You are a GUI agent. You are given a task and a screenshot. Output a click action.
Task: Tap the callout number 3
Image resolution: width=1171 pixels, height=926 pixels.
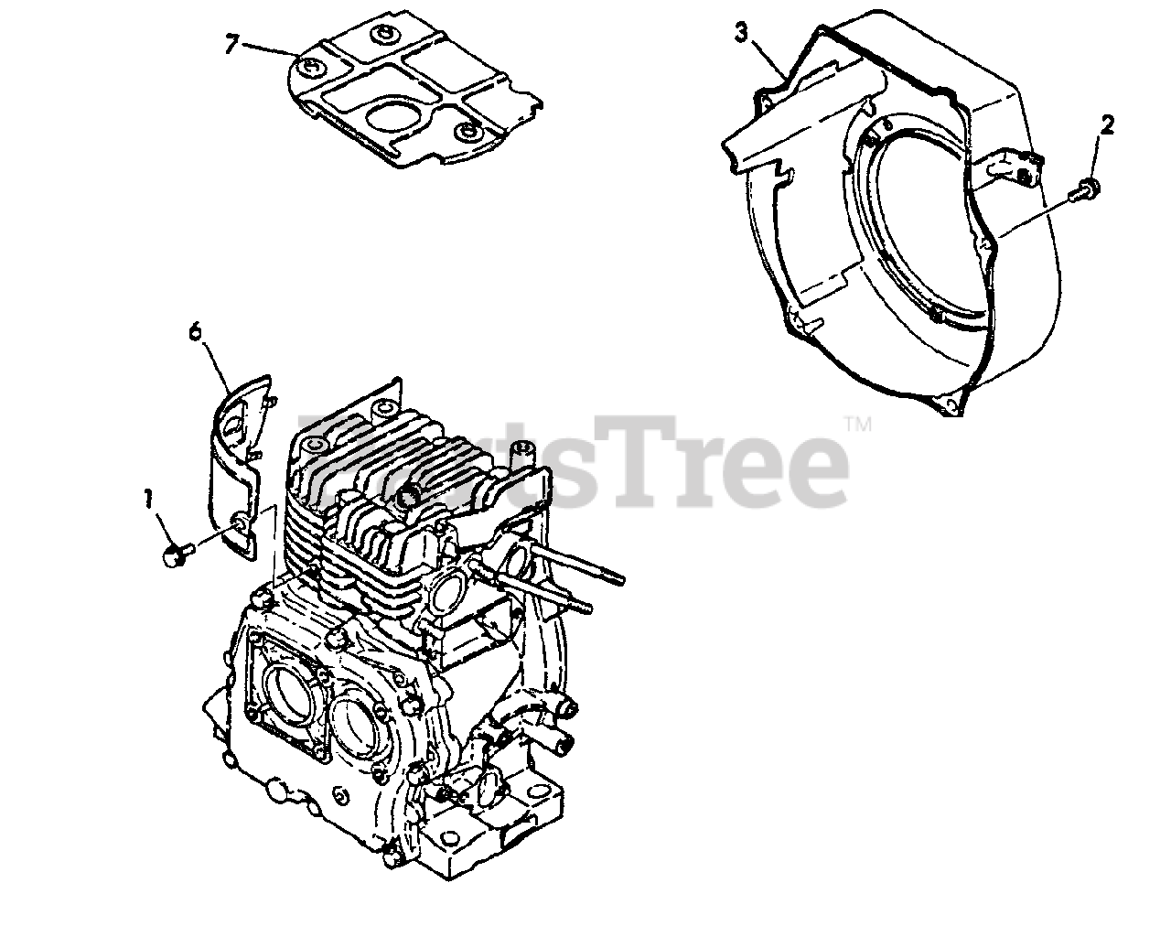[742, 33]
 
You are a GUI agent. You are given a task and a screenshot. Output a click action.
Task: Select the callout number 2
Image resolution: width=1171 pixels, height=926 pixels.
[1107, 126]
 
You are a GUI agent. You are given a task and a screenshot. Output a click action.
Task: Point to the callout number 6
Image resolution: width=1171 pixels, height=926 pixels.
[195, 331]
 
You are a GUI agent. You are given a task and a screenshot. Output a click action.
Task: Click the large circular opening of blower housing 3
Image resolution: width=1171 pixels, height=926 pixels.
[915, 229]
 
